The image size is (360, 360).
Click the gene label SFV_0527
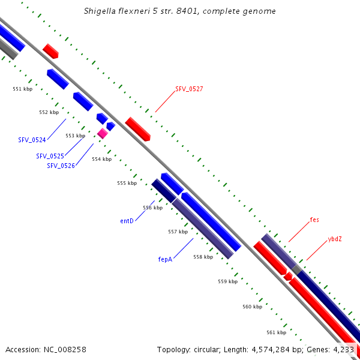189,89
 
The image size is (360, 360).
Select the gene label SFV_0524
32,140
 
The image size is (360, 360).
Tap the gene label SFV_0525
50,156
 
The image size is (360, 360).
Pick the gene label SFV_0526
61,166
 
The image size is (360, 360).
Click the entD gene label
127,221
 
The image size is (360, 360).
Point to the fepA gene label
165,260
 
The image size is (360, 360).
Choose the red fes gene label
314,220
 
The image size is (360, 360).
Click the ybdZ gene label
335,239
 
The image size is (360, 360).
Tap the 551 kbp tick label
22,89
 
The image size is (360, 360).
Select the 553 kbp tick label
75,136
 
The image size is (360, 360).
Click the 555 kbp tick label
127,183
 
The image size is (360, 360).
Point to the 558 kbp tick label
203,257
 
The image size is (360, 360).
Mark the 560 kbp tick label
252,307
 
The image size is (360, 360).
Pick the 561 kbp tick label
276,332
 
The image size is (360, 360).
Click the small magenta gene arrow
103,133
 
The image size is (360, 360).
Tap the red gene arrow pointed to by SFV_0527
137,129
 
